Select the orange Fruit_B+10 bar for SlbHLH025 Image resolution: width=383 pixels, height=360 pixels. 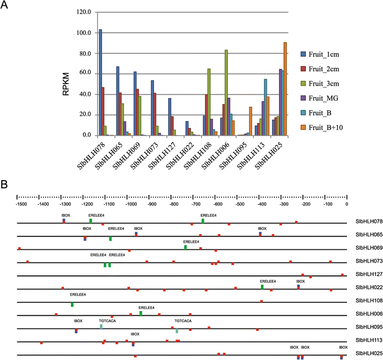pyautogui.click(x=285, y=89)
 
